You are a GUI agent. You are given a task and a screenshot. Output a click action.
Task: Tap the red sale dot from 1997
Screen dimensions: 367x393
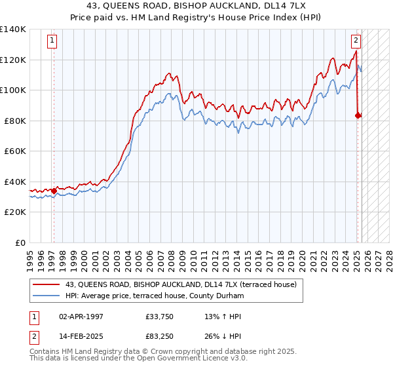pyautogui.click(x=54, y=191)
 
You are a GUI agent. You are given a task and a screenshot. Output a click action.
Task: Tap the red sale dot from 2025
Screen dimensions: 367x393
pyautogui.click(x=358, y=116)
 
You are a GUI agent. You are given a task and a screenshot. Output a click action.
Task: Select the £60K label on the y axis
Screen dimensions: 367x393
pyautogui.click(x=15, y=151)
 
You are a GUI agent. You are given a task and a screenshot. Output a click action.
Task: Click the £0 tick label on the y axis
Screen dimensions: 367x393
pyautogui.click(x=21, y=242)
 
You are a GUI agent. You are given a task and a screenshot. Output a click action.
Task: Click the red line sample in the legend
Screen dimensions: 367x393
pyautogui.click(x=46, y=284)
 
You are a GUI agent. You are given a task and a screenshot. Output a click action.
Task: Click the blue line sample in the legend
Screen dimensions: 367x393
pyautogui.click(x=46, y=296)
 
